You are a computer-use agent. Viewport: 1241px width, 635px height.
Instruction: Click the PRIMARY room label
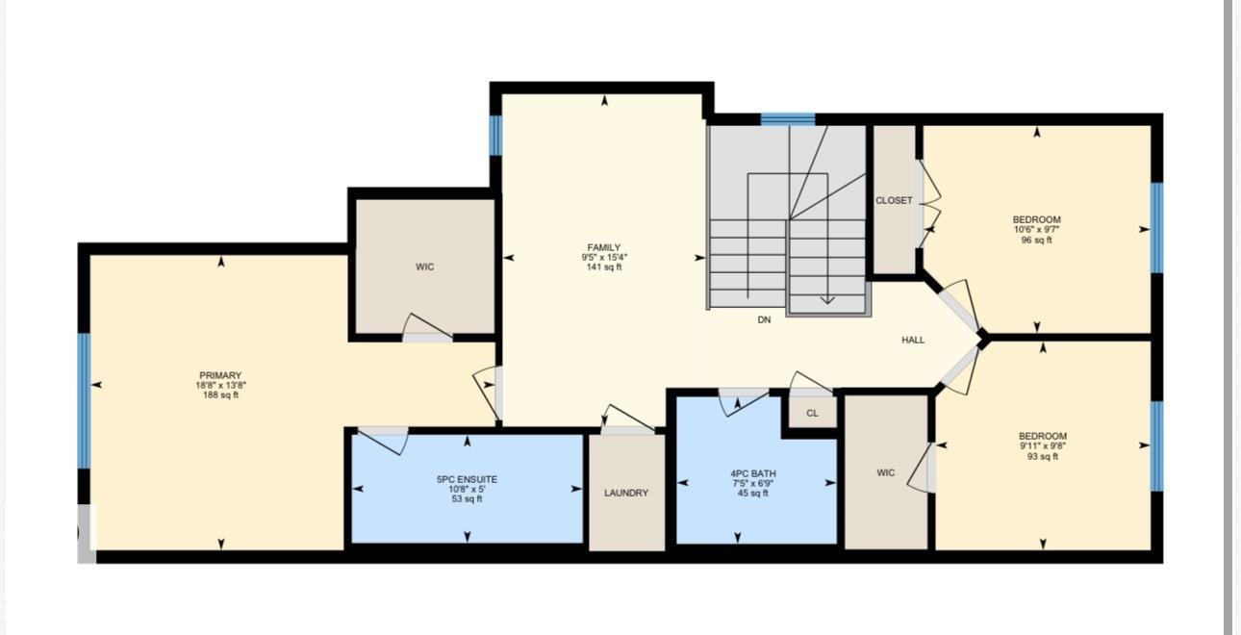[220, 375]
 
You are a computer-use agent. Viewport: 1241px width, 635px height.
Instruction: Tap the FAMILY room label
[604, 247]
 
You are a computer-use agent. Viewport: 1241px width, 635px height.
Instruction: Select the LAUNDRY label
[626, 493]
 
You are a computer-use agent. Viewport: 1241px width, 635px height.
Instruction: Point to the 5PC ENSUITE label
[467, 479]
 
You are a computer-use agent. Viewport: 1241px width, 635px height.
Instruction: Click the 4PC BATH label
[753, 473]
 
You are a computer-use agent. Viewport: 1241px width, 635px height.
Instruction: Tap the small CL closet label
[812, 414]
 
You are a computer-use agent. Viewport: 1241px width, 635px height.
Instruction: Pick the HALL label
[913, 341]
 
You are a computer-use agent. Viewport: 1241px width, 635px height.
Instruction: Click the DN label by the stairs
[764, 319]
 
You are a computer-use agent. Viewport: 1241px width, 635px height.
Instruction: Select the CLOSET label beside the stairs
[894, 200]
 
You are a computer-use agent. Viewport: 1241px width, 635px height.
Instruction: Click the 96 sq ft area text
[1036, 240]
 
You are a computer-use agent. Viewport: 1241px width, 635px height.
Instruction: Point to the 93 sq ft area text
[1043, 457]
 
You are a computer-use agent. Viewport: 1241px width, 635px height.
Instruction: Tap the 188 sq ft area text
[220, 395]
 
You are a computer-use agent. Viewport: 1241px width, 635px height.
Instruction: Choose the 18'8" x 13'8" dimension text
[220, 385]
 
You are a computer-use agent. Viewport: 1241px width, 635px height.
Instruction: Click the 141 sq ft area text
[604, 267]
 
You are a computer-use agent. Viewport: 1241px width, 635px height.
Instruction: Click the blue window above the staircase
[788, 119]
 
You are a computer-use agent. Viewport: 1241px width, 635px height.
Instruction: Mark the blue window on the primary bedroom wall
[84, 400]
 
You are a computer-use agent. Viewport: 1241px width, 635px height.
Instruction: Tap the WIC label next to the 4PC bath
[886, 472]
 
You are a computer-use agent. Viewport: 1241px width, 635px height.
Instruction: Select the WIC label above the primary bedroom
[425, 267]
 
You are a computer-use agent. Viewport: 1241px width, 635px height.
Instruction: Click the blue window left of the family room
[495, 136]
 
